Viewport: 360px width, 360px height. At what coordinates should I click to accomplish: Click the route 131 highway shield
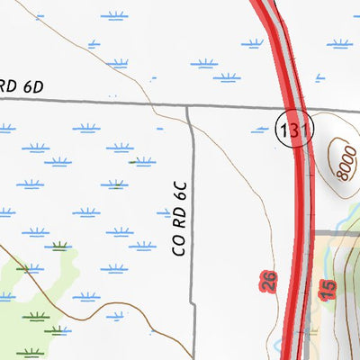[x=294, y=130]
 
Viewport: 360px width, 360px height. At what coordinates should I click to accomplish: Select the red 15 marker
[x=328, y=288]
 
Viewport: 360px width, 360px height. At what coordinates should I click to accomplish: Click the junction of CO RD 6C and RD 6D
[x=188, y=107]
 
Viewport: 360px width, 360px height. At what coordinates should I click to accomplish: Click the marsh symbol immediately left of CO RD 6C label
[x=166, y=213]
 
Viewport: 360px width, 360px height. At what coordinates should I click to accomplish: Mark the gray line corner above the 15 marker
[x=317, y=236]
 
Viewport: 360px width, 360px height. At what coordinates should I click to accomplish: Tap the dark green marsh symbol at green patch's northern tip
[x=60, y=245]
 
